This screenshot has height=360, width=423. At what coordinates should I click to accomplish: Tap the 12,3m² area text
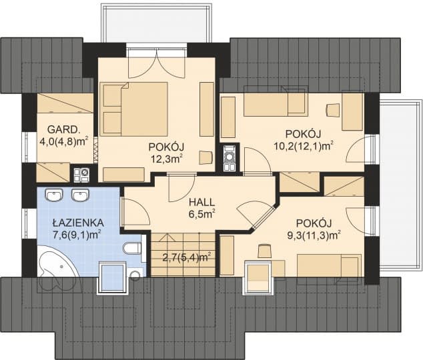[166, 159]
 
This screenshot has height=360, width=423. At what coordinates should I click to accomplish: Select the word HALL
[201, 202]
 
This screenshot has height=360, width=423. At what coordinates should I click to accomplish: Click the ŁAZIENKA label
[76, 222]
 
